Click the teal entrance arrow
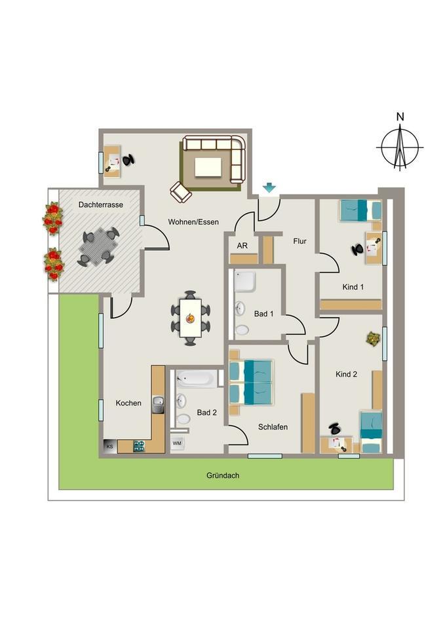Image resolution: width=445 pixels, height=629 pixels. click(269, 187)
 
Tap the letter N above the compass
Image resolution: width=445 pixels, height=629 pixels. click(400, 117)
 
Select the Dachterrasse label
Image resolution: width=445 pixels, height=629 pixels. click(101, 204)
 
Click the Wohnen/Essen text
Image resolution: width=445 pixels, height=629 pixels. click(193, 222)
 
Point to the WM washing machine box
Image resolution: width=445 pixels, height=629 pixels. click(177, 444)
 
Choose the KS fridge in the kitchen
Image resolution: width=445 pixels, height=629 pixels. click(110, 446)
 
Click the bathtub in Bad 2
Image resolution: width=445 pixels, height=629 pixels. click(197, 378)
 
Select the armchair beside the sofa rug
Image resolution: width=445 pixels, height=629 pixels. click(181, 192)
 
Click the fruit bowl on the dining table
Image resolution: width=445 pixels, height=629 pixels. click(190, 318)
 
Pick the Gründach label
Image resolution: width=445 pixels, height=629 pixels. click(223, 476)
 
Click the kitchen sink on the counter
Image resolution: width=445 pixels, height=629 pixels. click(158, 405)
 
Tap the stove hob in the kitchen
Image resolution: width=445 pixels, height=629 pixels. click(139, 446)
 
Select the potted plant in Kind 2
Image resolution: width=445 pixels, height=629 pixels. click(373, 339)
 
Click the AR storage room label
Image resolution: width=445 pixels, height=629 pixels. click(242, 246)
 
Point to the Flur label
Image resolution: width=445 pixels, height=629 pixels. click(300, 241)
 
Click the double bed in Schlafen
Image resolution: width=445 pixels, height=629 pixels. click(251, 382)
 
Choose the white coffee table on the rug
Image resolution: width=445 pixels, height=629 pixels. click(208, 167)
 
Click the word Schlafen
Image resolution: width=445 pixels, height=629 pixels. click(273, 427)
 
